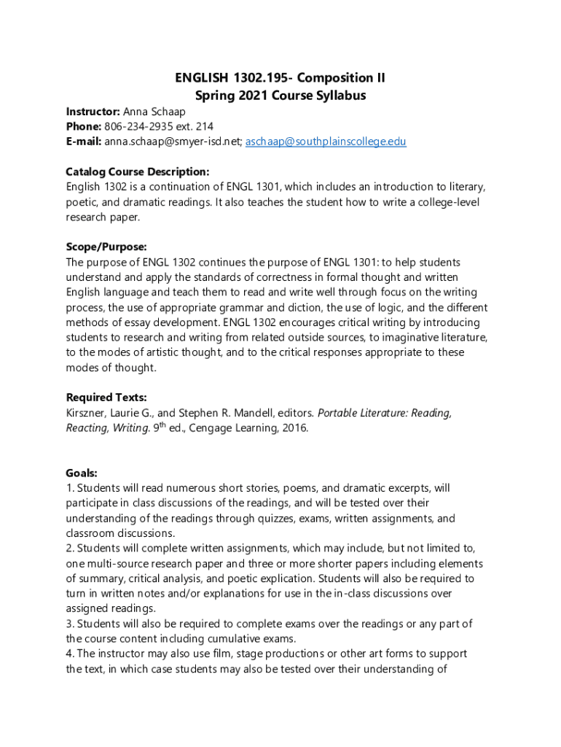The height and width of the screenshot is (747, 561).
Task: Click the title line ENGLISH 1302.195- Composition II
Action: click(280, 78)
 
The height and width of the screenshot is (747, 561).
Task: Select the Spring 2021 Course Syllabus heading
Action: click(280, 96)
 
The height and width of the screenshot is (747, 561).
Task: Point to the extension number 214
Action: click(203, 126)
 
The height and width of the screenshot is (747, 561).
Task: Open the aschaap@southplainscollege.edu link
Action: click(326, 141)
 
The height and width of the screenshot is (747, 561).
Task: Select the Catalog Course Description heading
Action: click(138, 171)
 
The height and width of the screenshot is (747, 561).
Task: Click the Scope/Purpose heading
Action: click(106, 247)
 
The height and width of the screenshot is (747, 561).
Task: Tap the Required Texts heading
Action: click(106, 398)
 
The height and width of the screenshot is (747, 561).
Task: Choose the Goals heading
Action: click(82, 473)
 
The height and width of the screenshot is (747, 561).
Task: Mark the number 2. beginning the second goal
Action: click(70, 548)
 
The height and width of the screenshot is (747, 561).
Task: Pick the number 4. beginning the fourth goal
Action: click(70, 654)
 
